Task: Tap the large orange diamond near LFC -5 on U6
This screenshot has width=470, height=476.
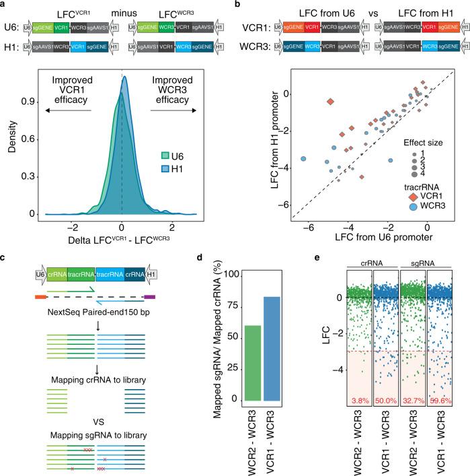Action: pos(330,102)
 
